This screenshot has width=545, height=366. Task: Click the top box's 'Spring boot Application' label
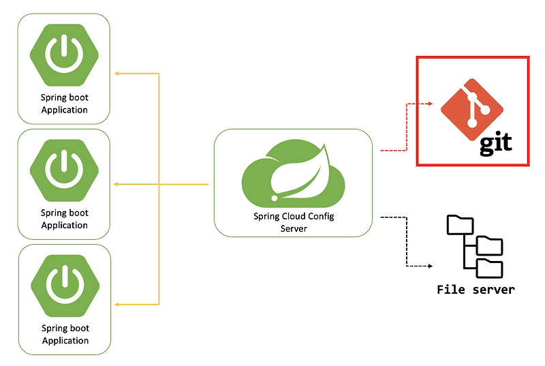pyautogui.click(x=65, y=104)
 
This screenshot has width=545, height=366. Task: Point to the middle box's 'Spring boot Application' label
pyautogui.click(x=65, y=219)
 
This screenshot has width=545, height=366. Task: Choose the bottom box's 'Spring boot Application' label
pyautogui.click(x=65, y=334)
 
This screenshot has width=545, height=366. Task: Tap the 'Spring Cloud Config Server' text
pyautogui.click(x=294, y=222)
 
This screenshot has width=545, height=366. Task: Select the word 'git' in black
pyautogui.click(x=495, y=144)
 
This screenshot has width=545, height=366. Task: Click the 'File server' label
pyautogui.click(x=476, y=290)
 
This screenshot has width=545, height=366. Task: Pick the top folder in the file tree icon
pyautogui.click(x=459, y=225)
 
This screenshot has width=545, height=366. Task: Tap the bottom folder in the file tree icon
pyautogui.click(x=489, y=267)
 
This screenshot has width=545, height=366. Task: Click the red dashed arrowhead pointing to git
pyautogui.click(x=429, y=104)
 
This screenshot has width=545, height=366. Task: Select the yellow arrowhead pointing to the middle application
pyautogui.click(x=117, y=184)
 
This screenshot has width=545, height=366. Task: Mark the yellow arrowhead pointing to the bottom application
pyautogui.click(x=117, y=304)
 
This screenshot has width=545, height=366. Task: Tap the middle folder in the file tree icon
pyautogui.click(x=489, y=245)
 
